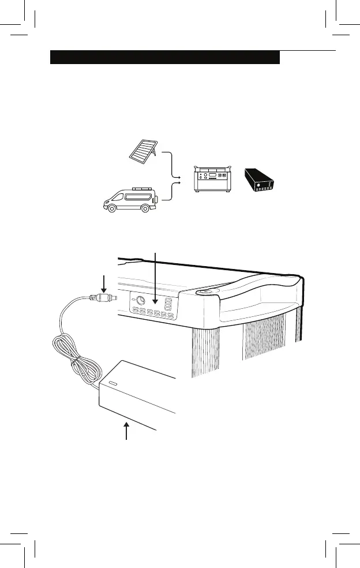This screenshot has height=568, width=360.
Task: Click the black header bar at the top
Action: [x=165, y=58]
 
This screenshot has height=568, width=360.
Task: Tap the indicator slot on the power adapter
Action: [x=112, y=384]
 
